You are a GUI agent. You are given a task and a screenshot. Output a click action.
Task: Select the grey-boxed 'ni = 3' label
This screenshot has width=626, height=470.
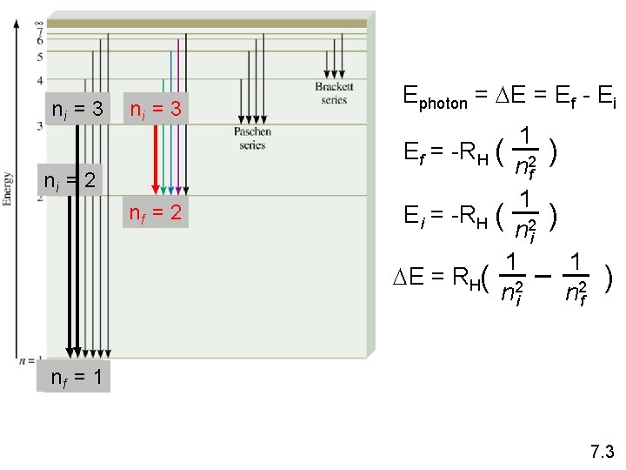[78, 110]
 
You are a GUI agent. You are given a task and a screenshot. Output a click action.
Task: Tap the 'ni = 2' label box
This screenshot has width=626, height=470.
[73, 181]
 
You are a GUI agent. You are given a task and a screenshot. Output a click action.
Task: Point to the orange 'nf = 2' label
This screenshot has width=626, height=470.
[155, 211]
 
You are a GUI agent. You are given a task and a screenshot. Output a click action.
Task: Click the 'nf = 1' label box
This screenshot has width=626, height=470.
[76, 378]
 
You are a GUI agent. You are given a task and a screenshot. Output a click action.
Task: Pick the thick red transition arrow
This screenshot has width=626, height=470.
[157, 157]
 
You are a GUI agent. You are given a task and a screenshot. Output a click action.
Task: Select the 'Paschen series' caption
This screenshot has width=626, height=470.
[252, 138]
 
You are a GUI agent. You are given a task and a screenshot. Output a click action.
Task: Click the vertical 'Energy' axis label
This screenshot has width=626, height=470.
[8, 187]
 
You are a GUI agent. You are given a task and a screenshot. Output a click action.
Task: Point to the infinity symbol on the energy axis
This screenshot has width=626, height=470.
[38, 23]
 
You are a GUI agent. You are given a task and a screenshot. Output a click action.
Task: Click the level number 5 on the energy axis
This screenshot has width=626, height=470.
[39, 57]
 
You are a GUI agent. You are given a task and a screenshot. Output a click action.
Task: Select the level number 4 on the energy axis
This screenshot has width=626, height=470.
[39, 80]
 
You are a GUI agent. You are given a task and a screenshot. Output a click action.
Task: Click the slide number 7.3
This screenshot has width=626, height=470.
[602, 452]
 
